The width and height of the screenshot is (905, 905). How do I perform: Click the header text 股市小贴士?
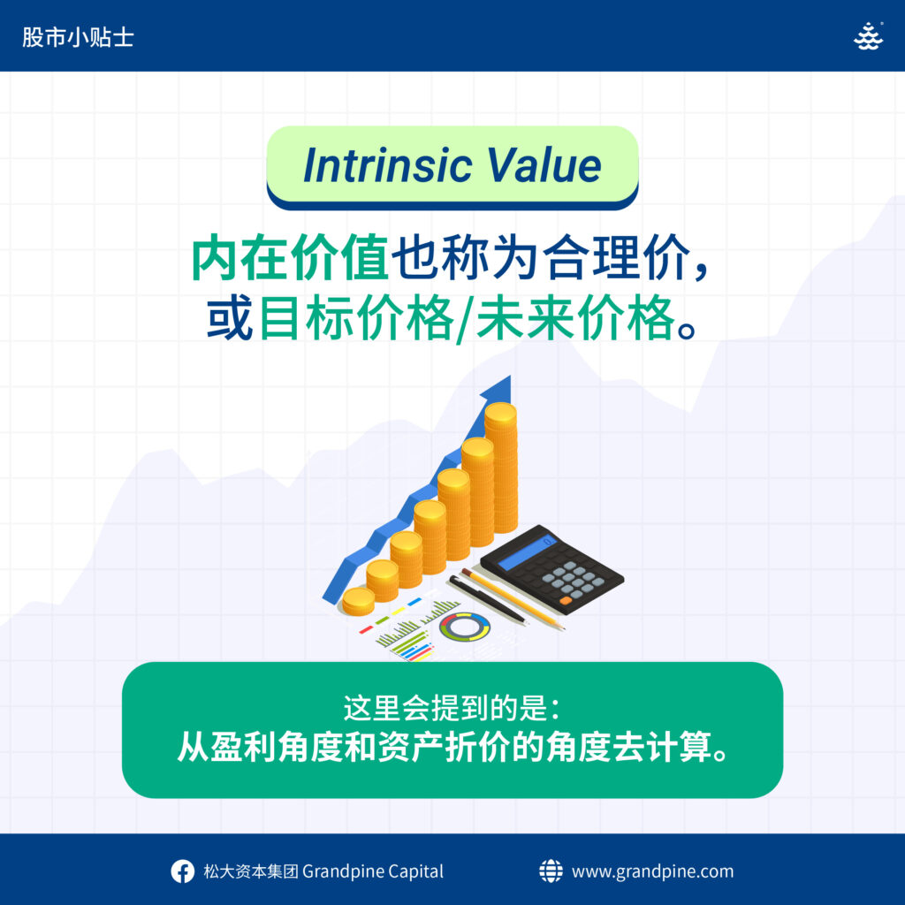78,37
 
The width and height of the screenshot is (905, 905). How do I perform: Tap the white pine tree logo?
868,36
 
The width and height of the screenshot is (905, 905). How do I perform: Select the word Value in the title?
544,165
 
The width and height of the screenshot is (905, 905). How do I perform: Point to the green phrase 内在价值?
290,257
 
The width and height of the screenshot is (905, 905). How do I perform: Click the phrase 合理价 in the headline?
616,257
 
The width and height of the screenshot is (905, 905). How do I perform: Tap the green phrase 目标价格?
356,318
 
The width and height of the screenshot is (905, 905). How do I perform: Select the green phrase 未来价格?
575,318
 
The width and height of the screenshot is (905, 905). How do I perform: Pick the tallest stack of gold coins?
500,468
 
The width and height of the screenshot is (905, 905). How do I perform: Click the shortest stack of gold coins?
359,601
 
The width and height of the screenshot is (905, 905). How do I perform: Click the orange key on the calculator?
567,601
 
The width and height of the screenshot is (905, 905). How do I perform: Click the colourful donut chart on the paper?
465,627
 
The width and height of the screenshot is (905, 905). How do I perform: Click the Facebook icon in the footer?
182,871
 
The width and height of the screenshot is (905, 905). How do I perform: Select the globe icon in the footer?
551,871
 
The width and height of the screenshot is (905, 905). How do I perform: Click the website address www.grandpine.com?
653,871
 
